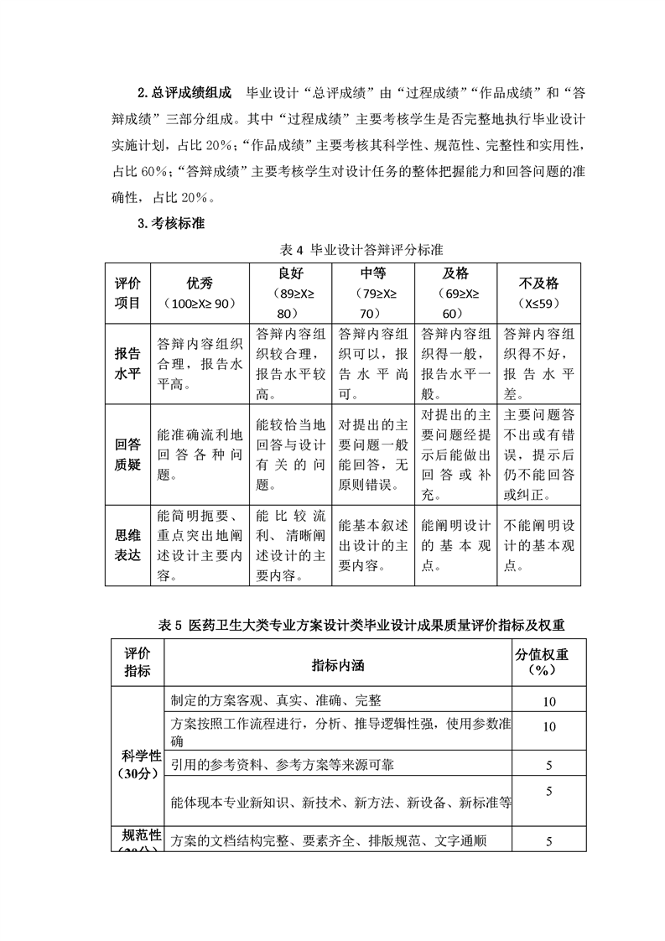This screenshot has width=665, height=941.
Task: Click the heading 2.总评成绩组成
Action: [184, 91]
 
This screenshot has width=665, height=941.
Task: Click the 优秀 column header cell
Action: [200, 293]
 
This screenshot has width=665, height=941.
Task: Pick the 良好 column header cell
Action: [289, 293]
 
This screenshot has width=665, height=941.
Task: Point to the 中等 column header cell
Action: [372, 293]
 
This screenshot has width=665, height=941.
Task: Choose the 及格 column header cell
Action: [455, 293]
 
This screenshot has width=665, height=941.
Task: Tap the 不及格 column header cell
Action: [539, 293]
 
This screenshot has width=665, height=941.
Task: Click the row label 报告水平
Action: [128, 363]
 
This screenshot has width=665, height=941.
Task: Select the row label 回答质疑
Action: [128, 454]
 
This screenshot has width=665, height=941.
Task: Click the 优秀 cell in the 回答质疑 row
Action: [200, 454]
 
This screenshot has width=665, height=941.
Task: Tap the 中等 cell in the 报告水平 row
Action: [372, 363]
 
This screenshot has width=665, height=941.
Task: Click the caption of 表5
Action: [362, 625]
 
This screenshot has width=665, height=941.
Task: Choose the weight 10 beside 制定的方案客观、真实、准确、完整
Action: [549, 701]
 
